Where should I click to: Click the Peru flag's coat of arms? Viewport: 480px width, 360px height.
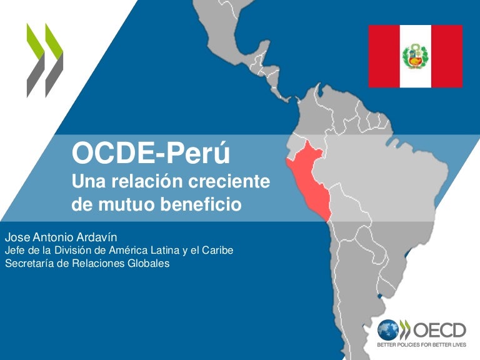[416, 56]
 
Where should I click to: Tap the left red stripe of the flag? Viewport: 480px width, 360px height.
[384, 56]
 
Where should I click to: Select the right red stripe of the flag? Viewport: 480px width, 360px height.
[447, 56]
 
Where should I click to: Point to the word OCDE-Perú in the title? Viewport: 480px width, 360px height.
[151, 152]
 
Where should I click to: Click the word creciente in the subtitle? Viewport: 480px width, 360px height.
[229, 181]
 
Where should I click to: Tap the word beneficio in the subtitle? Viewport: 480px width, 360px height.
[201, 204]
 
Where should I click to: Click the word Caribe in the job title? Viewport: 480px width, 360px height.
[217, 250]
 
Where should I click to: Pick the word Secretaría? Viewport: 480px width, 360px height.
[29, 263]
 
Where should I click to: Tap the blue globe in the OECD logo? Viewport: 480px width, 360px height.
[387, 330]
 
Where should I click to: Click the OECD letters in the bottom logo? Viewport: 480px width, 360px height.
[439, 330]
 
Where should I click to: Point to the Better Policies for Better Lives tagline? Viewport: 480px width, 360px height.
[421, 345]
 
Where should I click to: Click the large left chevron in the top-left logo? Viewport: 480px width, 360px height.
[35, 60]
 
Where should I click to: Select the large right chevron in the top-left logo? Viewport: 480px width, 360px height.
[54, 60]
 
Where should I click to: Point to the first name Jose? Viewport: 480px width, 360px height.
[17, 237]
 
